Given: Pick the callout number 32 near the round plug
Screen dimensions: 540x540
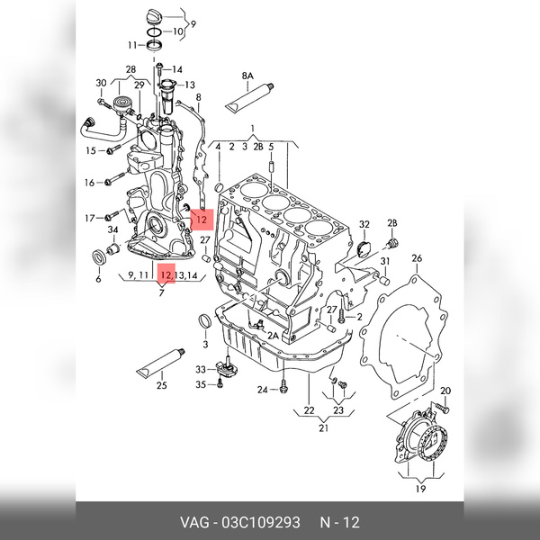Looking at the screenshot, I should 364,224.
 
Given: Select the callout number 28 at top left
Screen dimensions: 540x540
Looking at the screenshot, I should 130,69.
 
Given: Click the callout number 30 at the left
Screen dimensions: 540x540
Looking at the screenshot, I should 101,85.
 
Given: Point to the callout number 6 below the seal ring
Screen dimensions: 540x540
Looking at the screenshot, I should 98,279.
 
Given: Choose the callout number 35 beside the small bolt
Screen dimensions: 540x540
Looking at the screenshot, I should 201,384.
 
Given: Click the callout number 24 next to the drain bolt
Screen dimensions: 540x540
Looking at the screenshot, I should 261,390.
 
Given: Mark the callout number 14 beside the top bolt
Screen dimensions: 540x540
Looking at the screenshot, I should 177,68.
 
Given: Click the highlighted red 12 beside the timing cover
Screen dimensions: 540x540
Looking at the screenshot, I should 202,218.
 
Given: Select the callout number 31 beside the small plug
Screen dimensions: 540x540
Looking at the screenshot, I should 384,261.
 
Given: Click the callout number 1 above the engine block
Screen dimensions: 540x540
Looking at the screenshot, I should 254,128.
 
